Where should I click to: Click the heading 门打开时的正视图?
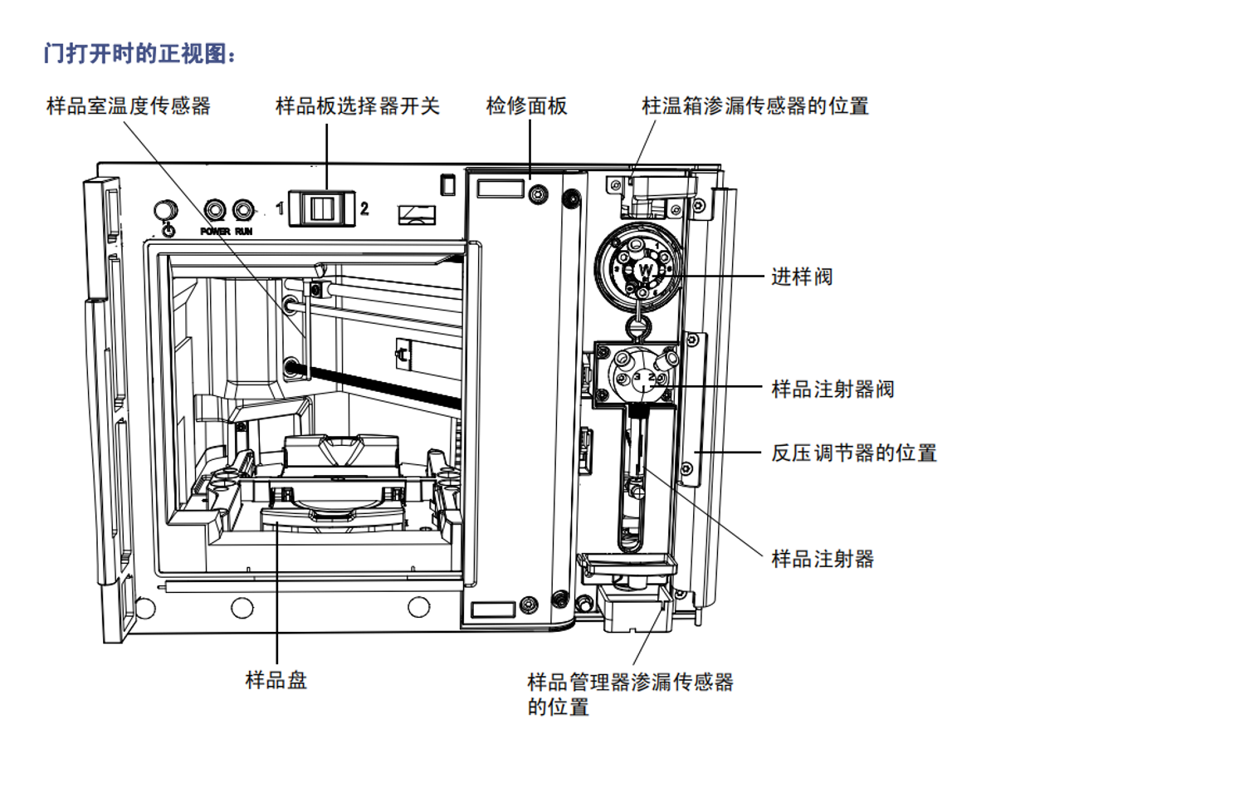(x=139, y=54)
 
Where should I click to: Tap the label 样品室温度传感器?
(x=129, y=106)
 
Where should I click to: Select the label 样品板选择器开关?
(x=357, y=106)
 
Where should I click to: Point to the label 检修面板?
(x=526, y=106)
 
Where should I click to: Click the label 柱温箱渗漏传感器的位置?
(x=754, y=106)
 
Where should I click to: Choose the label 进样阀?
(x=801, y=277)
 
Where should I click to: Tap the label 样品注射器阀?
(x=832, y=389)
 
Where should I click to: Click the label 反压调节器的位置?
(x=853, y=453)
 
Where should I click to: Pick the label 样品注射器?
(x=823, y=559)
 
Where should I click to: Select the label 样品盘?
(x=276, y=680)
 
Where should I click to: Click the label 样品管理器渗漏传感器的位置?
(x=630, y=693)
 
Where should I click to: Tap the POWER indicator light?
(x=215, y=210)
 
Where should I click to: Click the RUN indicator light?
(x=243, y=210)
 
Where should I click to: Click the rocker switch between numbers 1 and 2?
(x=322, y=208)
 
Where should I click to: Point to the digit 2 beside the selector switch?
(x=364, y=208)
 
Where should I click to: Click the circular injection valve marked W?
(x=638, y=267)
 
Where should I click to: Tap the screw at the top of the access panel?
(x=538, y=195)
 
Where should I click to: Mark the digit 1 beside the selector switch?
(x=281, y=208)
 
